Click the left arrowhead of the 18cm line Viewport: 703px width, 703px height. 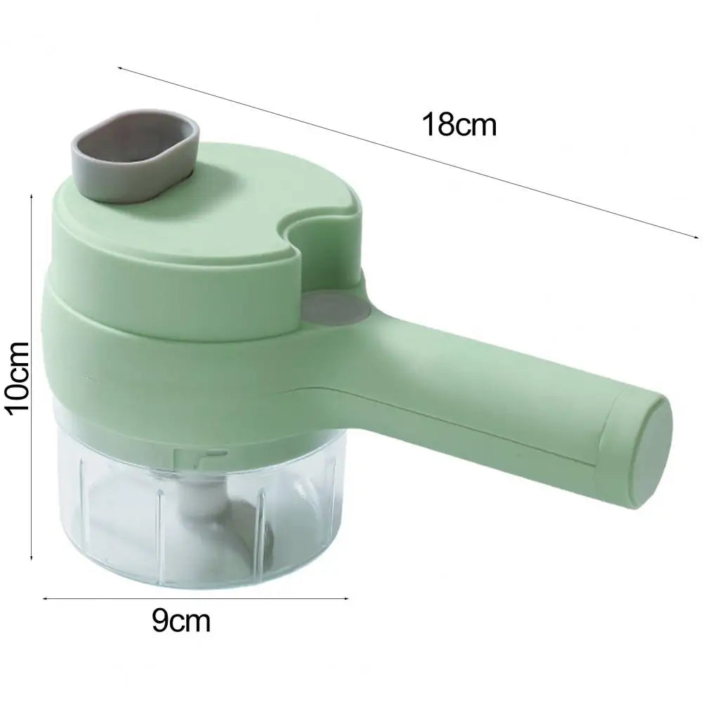click(x=119, y=68)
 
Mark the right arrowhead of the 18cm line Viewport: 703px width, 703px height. click(x=699, y=239)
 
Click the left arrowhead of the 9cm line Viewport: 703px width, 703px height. click(x=45, y=599)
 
